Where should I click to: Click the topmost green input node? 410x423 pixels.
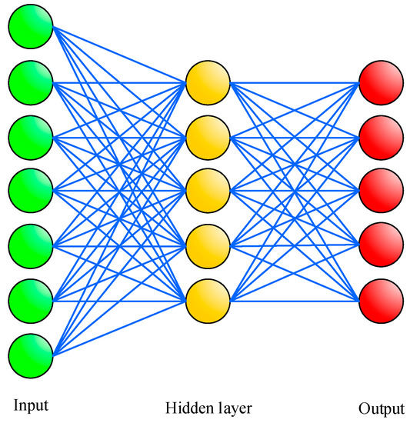click(x=30, y=27)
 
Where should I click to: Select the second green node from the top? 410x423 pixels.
click(x=30, y=82)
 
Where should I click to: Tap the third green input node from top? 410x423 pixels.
click(x=30, y=136)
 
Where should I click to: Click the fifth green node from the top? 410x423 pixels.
click(x=30, y=245)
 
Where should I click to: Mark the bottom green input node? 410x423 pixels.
click(x=30, y=355)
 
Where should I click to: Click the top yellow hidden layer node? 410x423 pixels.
click(x=208, y=82)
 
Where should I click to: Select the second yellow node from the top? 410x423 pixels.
click(x=208, y=136)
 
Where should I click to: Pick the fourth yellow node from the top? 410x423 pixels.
click(x=208, y=245)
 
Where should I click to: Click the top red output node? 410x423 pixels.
click(x=381, y=82)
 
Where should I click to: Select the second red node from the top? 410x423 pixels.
click(x=381, y=136)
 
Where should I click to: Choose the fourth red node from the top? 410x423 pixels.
click(x=381, y=245)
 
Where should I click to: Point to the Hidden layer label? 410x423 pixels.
click(x=208, y=407)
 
